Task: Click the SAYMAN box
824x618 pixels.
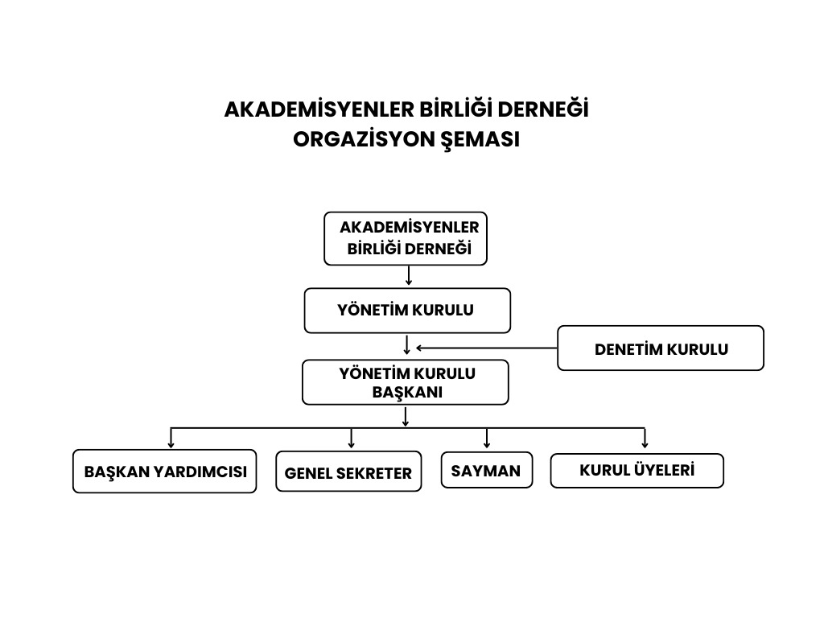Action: tap(486, 470)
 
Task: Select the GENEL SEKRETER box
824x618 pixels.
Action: tap(348, 472)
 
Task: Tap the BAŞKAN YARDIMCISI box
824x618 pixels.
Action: tap(165, 472)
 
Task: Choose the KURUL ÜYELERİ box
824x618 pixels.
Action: tap(637, 471)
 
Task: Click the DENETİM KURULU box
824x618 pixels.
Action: tap(660, 348)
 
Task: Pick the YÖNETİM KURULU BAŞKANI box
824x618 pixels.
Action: tap(406, 382)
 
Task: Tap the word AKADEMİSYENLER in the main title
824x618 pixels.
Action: tap(316, 109)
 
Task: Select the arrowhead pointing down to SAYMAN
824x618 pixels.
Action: tap(487, 443)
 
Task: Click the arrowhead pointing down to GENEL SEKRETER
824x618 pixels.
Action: tap(352, 443)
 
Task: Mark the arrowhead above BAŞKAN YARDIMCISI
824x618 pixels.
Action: tap(171, 443)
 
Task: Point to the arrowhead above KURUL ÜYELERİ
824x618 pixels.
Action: tap(645, 443)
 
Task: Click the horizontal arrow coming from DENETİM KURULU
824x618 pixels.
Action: tap(486, 348)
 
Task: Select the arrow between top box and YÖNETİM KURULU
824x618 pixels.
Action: tap(409, 276)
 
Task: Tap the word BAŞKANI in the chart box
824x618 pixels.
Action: tap(406, 393)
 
